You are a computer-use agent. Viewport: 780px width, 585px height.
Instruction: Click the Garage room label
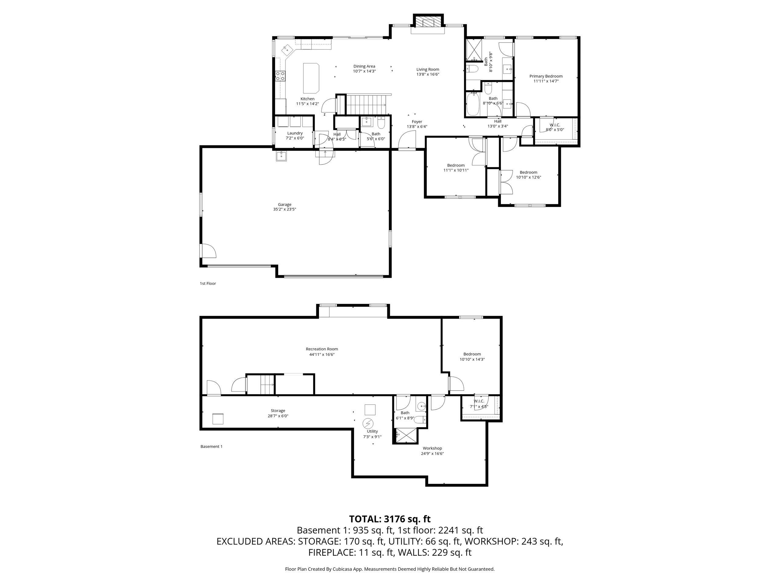coord(285,204)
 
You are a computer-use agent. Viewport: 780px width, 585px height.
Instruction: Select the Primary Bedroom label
coord(546,76)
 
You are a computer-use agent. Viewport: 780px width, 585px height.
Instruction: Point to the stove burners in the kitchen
coord(280,76)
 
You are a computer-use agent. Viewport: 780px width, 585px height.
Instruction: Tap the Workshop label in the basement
coord(432,448)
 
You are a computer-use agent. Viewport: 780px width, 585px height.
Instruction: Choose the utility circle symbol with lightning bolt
coord(368,423)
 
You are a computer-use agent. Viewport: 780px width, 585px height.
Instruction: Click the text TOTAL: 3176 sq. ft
coord(390,519)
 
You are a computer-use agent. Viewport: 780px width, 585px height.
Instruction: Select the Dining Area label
coord(364,66)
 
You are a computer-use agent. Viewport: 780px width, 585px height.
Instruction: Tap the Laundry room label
coord(295,133)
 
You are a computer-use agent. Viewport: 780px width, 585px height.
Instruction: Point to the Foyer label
coord(417,122)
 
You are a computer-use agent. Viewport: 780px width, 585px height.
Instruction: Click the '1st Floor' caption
coord(208,283)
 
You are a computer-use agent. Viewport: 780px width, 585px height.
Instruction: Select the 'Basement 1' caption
coord(211,446)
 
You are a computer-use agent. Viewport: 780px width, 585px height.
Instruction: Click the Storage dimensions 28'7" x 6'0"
coord(278,416)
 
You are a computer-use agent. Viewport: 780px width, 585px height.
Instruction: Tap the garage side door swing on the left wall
coord(208,251)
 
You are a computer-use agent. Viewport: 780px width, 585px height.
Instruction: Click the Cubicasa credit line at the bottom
coord(390,569)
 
